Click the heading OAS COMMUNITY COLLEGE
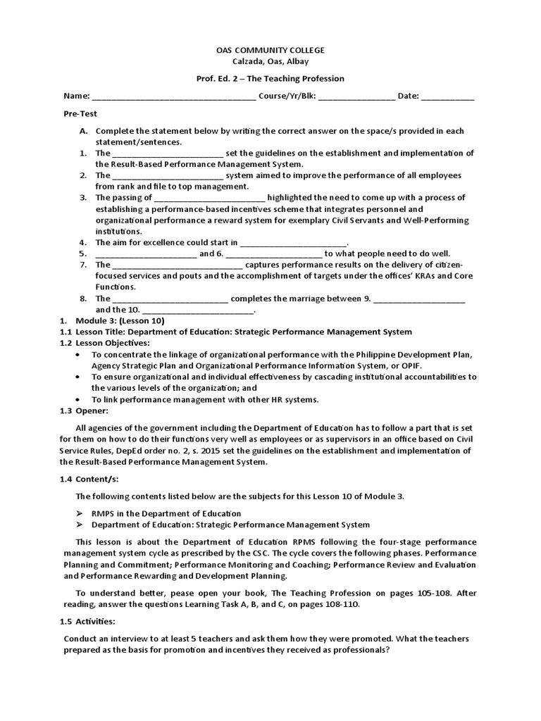[270, 51]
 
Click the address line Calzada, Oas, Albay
[270, 62]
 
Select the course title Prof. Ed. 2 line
[270, 79]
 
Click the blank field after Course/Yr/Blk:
[356, 97]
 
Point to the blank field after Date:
[448, 97]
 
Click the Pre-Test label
[80, 113]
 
